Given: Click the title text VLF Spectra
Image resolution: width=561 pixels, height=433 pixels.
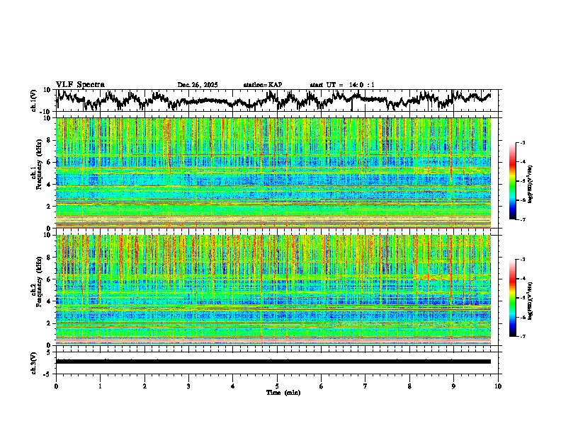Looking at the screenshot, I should coord(80,84).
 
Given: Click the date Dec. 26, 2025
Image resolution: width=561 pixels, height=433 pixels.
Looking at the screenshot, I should coord(198,85).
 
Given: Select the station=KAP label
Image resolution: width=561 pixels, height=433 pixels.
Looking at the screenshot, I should coord(262,85).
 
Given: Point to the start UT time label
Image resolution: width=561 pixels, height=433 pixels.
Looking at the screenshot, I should coord(342,85).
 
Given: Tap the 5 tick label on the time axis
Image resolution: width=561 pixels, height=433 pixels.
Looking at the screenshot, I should coord(277,386).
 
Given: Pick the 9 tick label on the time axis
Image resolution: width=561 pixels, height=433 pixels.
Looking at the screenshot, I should coord(454,386).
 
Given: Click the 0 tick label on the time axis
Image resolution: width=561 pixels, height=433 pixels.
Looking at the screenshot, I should coord(56,386).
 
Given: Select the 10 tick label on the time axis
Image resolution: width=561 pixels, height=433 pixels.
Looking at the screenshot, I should coord(498,386).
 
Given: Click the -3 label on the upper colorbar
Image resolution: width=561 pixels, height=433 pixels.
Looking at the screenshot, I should coord(522,142).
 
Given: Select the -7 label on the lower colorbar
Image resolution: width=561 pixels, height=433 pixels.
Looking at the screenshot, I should coord(522,337).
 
